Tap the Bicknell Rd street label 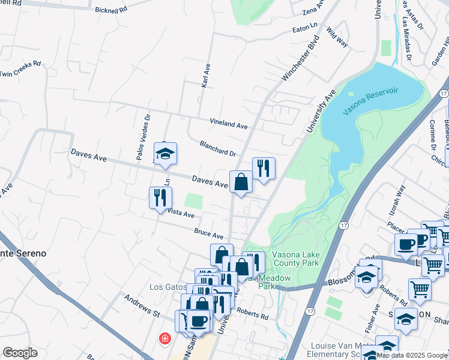[x=112, y=10]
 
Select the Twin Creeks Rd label [x=20, y=68]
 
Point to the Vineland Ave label [x=229, y=124]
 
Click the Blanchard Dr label [x=218, y=148]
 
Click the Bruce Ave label [x=208, y=234]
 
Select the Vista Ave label [x=181, y=213]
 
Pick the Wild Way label [x=337, y=38]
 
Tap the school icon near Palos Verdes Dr [x=165, y=153]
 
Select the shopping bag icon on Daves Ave [x=241, y=182]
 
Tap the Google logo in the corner [x=20, y=353]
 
